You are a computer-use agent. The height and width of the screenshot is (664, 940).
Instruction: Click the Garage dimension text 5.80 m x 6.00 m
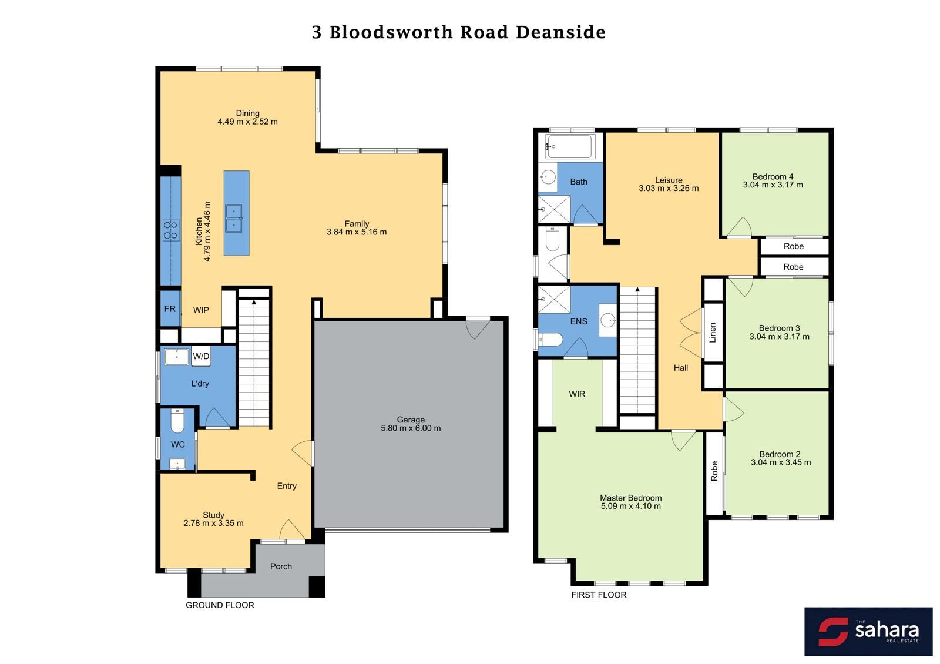[x=411, y=428]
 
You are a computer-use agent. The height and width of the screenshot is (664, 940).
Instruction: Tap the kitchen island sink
[x=234, y=218]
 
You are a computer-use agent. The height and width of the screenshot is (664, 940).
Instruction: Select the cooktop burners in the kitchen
[x=171, y=230]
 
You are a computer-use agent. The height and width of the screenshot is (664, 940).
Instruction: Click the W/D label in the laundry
[x=201, y=356]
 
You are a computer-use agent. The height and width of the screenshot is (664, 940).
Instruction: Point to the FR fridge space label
[x=170, y=309]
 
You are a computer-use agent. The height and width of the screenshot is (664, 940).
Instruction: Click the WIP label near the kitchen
[x=201, y=310]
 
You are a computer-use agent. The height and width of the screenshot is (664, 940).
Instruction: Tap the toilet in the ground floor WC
[x=177, y=421]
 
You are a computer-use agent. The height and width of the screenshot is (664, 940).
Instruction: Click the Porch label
[x=281, y=566]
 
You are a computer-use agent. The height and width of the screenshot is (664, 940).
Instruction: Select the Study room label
[x=214, y=515]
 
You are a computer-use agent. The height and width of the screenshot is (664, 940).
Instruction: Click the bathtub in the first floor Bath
[x=570, y=146]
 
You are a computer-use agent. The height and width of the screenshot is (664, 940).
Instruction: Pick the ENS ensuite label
[x=579, y=321]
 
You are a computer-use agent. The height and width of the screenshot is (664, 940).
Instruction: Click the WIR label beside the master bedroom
[x=577, y=394]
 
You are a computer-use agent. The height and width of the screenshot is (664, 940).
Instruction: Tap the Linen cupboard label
[x=713, y=333]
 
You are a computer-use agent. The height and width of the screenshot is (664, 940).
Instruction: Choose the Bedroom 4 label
[x=773, y=177]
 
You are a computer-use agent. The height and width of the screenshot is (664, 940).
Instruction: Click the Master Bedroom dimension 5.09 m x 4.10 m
[x=631, y=506]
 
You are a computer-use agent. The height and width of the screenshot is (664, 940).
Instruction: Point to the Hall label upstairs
[x=681, y=368]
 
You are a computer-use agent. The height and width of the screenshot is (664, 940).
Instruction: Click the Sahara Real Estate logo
[x=868, y=632]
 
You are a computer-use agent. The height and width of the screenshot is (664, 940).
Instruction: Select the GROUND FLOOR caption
[x=220, y=605]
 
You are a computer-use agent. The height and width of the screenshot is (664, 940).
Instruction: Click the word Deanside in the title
[x=560, y=32]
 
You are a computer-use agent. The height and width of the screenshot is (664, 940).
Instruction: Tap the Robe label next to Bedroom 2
[x=714, y=471]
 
